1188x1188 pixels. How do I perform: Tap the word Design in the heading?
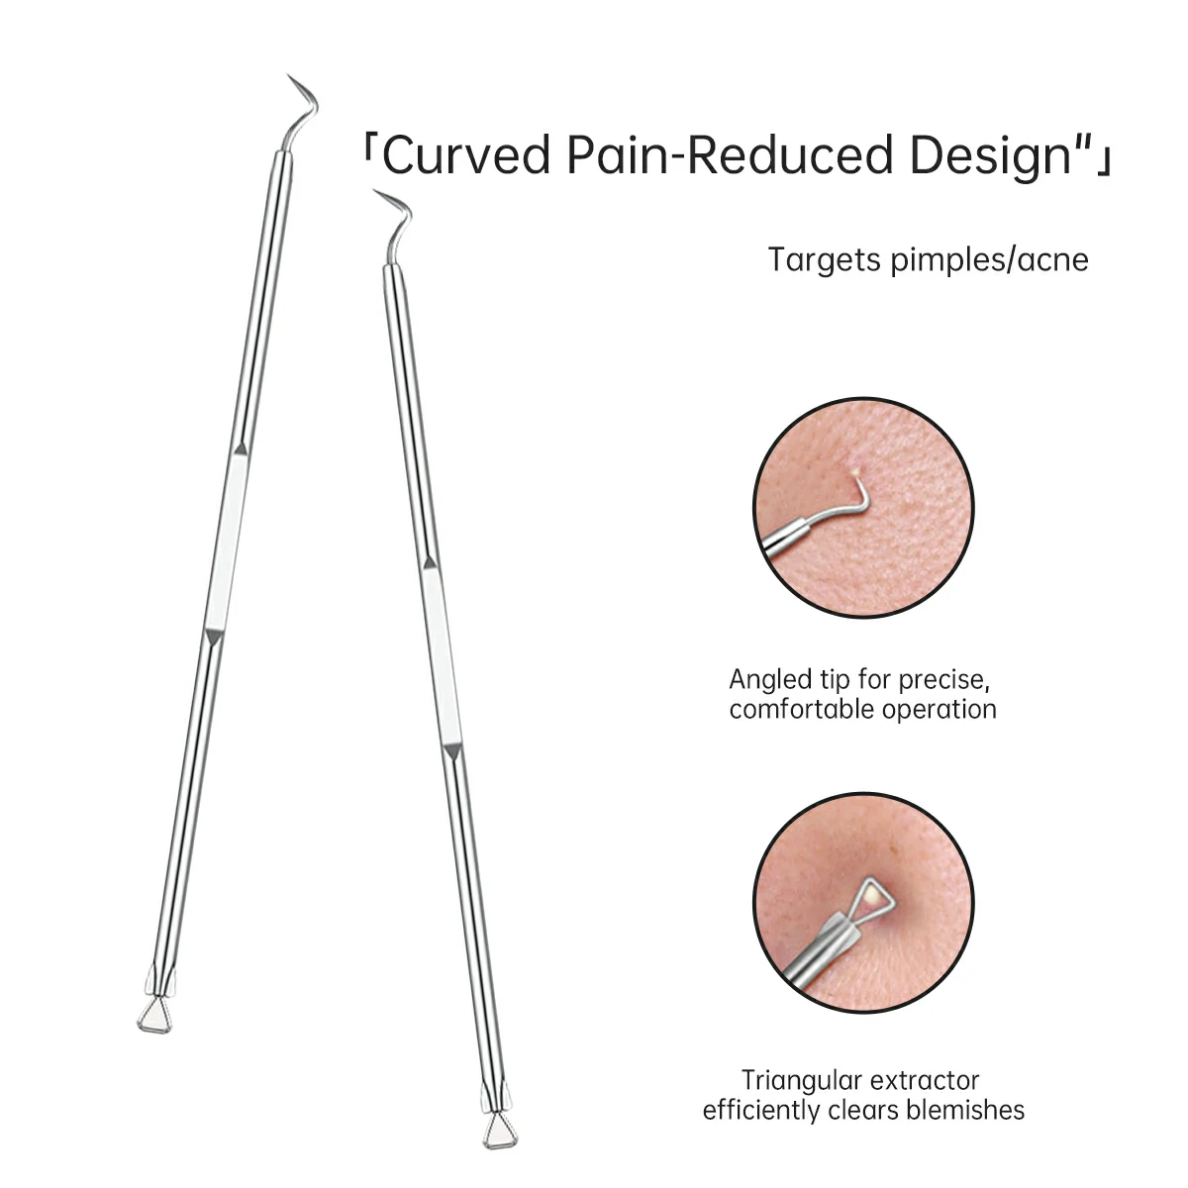click(x=992, y=156)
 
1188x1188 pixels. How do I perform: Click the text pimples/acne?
click(x=989, y=259)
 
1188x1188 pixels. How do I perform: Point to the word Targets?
click(x=825, y=260)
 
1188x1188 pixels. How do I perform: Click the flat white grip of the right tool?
click(x=441, y=656)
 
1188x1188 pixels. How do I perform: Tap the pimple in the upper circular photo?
click(x=855, y=473)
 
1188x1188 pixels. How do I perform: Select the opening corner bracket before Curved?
click(x=367, y=152)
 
